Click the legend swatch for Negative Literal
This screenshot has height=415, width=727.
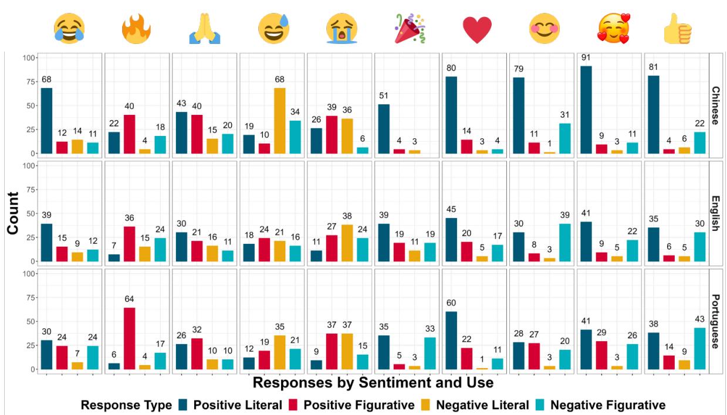pos(431,404)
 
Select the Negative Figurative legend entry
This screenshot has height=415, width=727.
pos(607,404)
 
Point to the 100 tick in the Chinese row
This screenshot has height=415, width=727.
pos(28,57)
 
